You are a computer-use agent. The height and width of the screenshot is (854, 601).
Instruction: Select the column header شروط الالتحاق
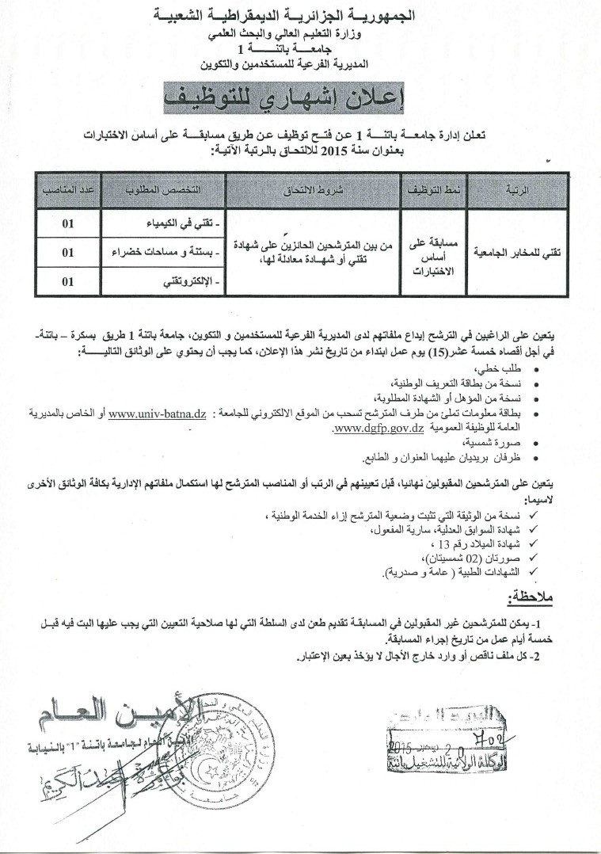click(313, 192)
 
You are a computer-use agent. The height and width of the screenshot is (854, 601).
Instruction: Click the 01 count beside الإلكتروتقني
click(68, 281)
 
